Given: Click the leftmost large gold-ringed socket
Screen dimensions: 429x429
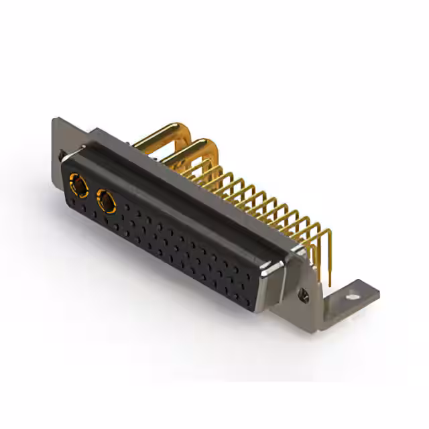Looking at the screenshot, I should click(x=78, y=184).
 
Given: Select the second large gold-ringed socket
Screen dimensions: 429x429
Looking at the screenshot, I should click(x=107, y=199).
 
